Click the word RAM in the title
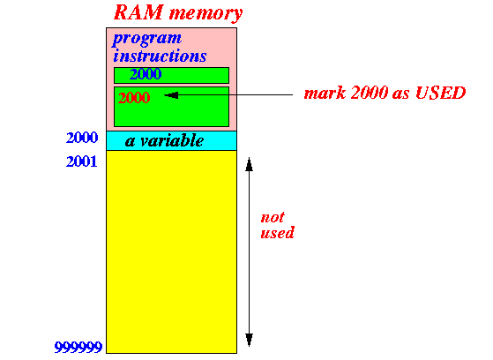tap(138, 12)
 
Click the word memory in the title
tap(206, 14)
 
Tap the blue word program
tap(146, 39)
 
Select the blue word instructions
tap(160, 56)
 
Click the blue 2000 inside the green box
tap(146, 74)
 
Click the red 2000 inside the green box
tap(134, 98)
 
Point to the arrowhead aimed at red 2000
tap(171, 95)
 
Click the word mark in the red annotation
tap(325, 94)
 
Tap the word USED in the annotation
tap(440, 94)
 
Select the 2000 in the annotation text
tap(369, 94)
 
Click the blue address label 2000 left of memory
tap(82, 138)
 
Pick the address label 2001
tap(81, 161)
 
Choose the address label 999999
tap(78, 348)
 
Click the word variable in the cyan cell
tap(172, 140)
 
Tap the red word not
tap(273, 217)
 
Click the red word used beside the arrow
tap(277, 233)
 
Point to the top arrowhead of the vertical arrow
tap(249, 164)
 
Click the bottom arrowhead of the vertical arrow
tap(249, 340)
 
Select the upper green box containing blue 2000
tap(171, 76)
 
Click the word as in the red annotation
tap(401, 94)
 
